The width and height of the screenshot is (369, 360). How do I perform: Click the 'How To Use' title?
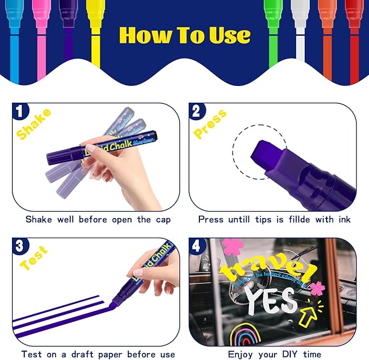(x=185, y=35)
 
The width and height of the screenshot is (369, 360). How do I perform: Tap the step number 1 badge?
(x=20, y=112)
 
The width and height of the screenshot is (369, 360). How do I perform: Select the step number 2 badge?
(x=197, y=112)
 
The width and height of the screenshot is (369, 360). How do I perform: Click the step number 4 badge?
(x=197, y=246)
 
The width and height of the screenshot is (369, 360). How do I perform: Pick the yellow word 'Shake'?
(x=33, y=124)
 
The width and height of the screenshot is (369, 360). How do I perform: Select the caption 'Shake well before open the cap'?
(x=98, y=220)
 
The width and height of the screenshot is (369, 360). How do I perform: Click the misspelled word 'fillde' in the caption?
(x=302, y=220)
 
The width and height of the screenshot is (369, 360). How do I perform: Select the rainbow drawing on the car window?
(x=244, y=332)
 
